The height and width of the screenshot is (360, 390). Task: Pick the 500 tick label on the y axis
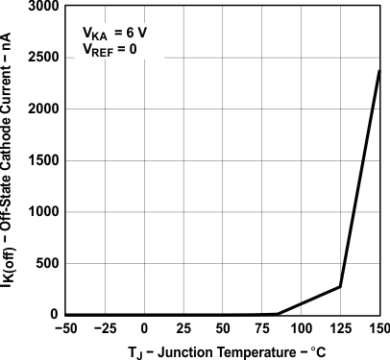(x=45, y=263)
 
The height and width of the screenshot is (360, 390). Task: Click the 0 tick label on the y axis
(x=53, y=315)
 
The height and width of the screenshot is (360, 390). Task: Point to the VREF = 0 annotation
(x=116, y=49)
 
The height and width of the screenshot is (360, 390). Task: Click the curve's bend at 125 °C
(x=341, y=286)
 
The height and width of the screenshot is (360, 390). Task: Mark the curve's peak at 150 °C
(x=379, y=71)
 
